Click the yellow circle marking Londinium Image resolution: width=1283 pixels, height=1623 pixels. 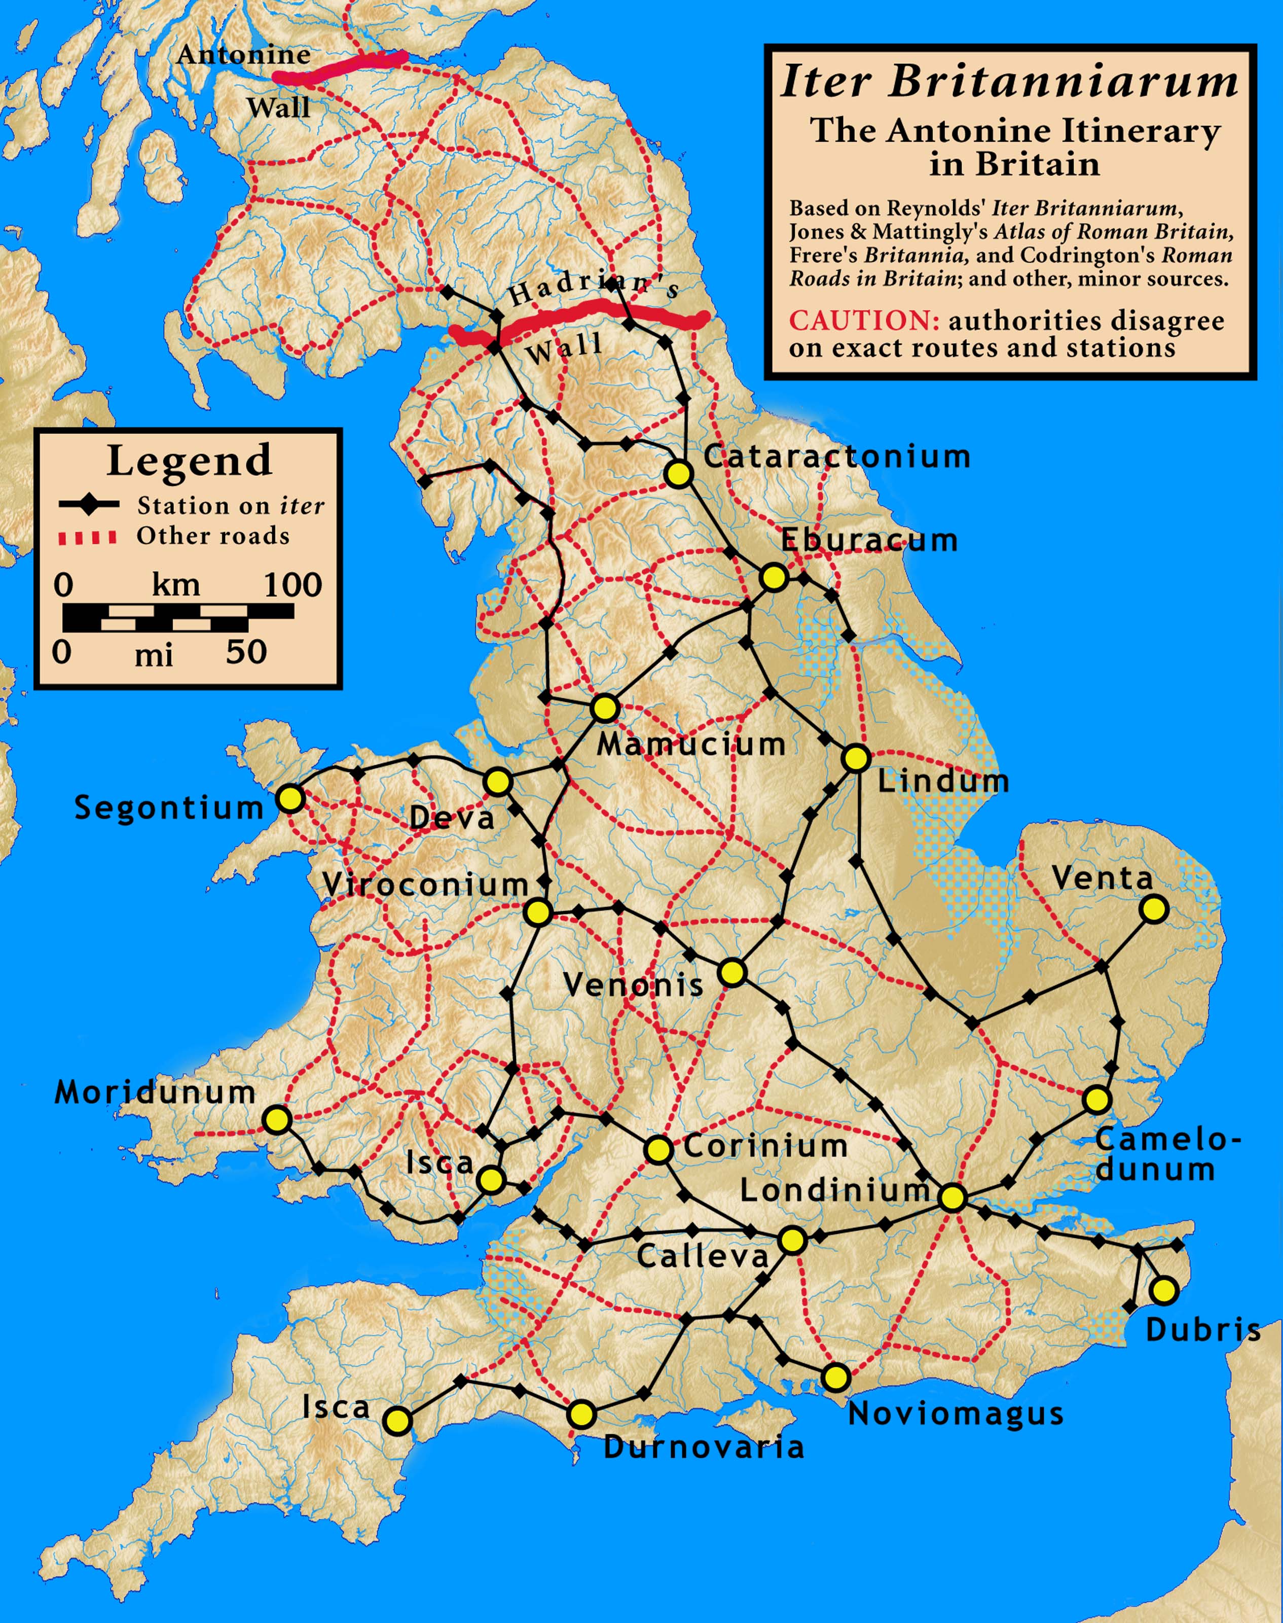click(x=952, y=1197)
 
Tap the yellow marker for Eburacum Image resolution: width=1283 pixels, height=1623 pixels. click(x=773, y=577)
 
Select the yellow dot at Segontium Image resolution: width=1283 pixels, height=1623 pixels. click(x=290, y=798)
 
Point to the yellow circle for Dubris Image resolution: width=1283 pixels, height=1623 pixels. click(x=1163, y=1290)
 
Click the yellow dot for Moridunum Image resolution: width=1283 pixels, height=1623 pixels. click(x=277, y=1119)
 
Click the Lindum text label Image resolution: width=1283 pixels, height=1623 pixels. click(x=943, y=782)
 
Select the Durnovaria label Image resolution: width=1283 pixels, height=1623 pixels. click(x=703, y=1446)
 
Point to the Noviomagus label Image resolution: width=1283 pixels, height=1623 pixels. click(x=956, y=1414)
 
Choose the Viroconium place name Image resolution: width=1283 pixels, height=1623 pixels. click(x=425, y=885)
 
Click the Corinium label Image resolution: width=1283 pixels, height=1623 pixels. click(x=765, y=1146)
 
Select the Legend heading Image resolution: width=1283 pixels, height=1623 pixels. click(x=189, y=460)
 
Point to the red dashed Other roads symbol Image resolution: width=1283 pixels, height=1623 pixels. click(x=88, y=537)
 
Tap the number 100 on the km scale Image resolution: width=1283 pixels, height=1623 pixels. click(x=292, y=585)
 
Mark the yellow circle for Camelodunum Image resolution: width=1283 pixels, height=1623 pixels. click(x=1097, y=1099)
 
